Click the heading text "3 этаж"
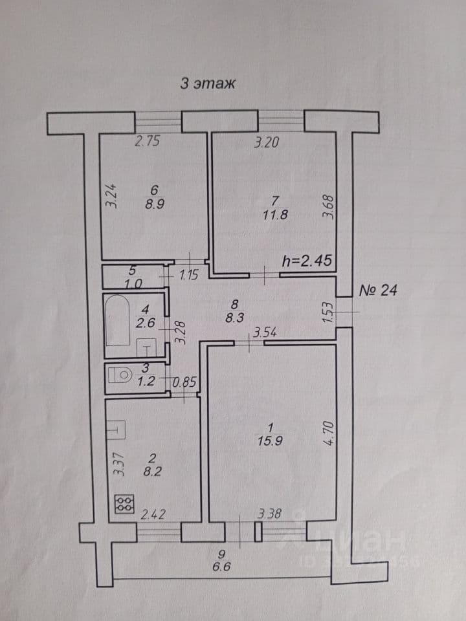(208, 83)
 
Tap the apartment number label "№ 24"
(377, 290)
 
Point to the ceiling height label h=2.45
(306, 261)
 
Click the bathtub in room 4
(118, 320)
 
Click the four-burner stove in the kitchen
(124, 504)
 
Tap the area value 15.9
(270, 441)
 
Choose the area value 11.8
(275, 215)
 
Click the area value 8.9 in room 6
(154, 204)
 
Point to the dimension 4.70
(331, 433)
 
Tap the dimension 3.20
(266, 142)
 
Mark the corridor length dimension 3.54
(265, 332)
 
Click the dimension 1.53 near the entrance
(327, 312)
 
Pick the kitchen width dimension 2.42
(153, 515)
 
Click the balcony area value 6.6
(221, 567)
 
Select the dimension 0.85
(184, 382)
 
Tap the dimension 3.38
(269, 514)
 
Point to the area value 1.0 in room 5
(133, 283)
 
